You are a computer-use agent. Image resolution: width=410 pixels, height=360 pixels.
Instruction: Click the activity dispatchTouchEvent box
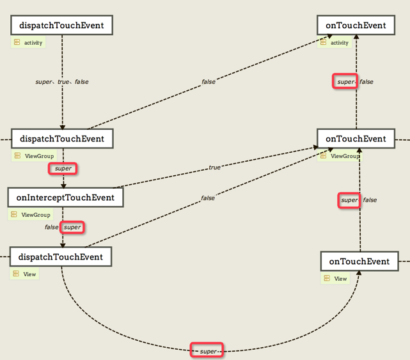(x=61, y=25)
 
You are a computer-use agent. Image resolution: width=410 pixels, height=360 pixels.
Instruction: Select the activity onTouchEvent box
(x=356, y=25)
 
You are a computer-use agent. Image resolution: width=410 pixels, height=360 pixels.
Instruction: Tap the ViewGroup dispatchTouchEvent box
(x=62, y=139)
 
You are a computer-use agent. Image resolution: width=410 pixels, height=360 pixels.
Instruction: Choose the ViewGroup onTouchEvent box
(x=356, y=139)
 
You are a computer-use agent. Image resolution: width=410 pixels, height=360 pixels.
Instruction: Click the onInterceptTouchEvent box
(x=65, y=198)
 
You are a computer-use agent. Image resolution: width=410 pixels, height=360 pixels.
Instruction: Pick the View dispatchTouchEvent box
(x=61, y=257)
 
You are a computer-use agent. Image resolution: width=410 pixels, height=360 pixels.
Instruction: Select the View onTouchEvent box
(x=359, y=261)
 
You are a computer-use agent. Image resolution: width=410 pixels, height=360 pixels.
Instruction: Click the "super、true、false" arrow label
(x=62, y=82)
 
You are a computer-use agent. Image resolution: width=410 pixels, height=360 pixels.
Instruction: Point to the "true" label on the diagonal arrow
(x=214, y=168)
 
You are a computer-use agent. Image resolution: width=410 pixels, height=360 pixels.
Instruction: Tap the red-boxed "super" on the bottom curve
(x=207, y=350)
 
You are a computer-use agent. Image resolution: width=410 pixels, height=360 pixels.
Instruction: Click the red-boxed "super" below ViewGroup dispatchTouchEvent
(x=63, y=169)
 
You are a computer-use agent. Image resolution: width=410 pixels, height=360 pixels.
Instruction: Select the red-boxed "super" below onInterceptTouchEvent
(x=72, y=227)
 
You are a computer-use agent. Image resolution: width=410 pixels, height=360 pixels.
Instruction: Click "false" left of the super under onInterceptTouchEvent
(x=51, y=227)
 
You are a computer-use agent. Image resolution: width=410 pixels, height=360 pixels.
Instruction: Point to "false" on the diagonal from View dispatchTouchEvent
(x=208, y=198)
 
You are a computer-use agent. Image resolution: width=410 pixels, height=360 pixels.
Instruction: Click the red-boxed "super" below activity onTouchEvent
(x=345, y=81)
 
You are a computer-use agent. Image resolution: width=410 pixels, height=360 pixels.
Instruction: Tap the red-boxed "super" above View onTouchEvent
(x=349, y=200)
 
